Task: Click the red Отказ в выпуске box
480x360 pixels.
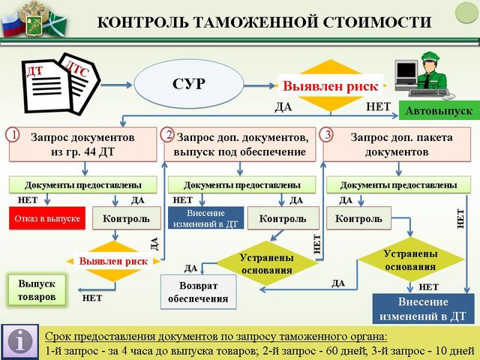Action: click(44, 219)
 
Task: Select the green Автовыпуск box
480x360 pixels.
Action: click(439, 111)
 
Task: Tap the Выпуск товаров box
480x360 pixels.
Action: click(37, 290)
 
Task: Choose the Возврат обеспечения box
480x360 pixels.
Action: click(199, 292)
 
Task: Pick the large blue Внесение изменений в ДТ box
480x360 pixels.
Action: click(422, 308)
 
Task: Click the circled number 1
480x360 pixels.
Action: click(12, 135)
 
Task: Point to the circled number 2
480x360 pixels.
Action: click(169, 135)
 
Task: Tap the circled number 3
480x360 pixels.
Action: click(326, 135)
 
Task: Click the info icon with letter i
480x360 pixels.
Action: click(20, 340)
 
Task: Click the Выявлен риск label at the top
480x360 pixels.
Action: click(330, 85)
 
